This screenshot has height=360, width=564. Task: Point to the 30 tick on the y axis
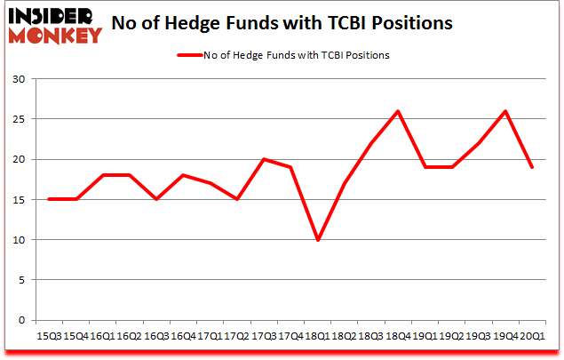(19, 79)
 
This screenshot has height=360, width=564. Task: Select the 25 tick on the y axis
(19, 119)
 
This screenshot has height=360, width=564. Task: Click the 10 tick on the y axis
(19, 240)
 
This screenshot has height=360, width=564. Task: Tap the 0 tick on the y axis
(21, 320)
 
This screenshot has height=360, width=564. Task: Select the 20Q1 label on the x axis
(531, 336)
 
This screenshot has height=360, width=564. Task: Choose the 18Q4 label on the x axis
(397, 336)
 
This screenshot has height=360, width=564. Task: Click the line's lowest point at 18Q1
(318, 240)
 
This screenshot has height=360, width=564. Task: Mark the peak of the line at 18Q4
(397, 111)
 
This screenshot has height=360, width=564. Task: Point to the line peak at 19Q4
(504, 111)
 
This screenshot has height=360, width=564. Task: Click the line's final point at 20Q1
(531, 167)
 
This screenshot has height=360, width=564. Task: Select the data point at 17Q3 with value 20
(264, 159)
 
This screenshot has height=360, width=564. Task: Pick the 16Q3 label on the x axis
(157, 336)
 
